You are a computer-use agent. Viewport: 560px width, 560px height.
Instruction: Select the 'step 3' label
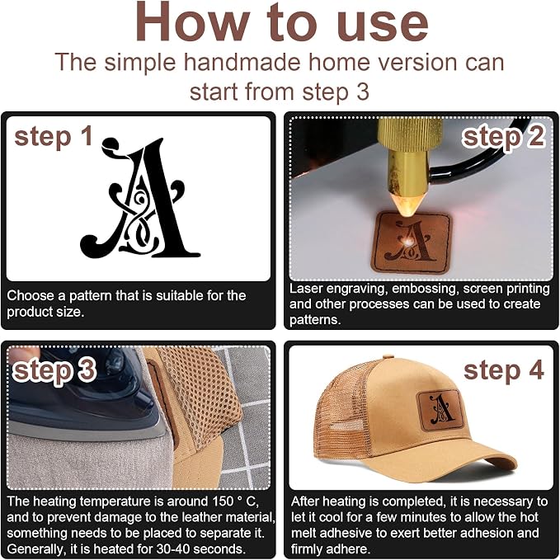point(54,370)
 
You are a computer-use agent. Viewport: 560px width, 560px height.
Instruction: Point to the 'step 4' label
point(504,370)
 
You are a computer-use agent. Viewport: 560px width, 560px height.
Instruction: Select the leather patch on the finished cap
point(440,411)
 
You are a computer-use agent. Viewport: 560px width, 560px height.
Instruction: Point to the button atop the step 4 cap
point(388,357)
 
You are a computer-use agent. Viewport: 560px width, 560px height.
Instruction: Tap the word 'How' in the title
point(192,22)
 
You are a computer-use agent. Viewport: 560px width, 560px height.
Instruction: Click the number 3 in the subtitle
point(362,92)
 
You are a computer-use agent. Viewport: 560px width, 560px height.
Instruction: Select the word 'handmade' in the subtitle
point(242,62)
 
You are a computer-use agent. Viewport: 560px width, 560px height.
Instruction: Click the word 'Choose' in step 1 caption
point(31,296)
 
